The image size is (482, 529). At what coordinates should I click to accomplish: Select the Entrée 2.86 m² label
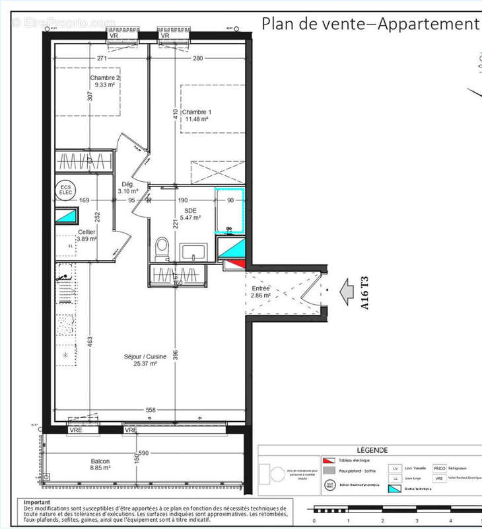point(261,292)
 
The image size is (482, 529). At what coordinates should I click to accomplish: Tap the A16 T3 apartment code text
point(364,290)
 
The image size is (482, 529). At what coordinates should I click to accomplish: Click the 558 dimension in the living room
point(151,410)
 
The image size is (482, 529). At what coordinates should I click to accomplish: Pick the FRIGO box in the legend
point(440,468)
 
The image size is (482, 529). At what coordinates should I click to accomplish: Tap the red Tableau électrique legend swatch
point(328,460)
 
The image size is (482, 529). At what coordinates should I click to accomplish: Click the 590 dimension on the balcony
point(143,452)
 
